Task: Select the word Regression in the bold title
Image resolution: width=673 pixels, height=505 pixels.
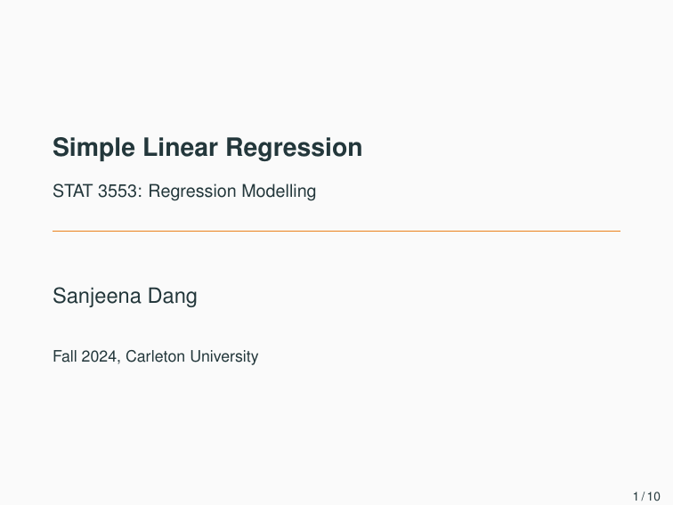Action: [294, 148]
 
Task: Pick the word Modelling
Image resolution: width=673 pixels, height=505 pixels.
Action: [279, 191]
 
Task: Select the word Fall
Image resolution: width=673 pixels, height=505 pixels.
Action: [64, 356]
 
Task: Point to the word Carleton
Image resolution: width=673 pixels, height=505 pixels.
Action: [156, 356]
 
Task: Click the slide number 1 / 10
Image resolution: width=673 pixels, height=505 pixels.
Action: [646, 496]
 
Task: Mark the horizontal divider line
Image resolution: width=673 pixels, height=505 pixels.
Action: [336, 232]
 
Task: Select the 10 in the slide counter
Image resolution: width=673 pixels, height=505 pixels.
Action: [653, 496]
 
